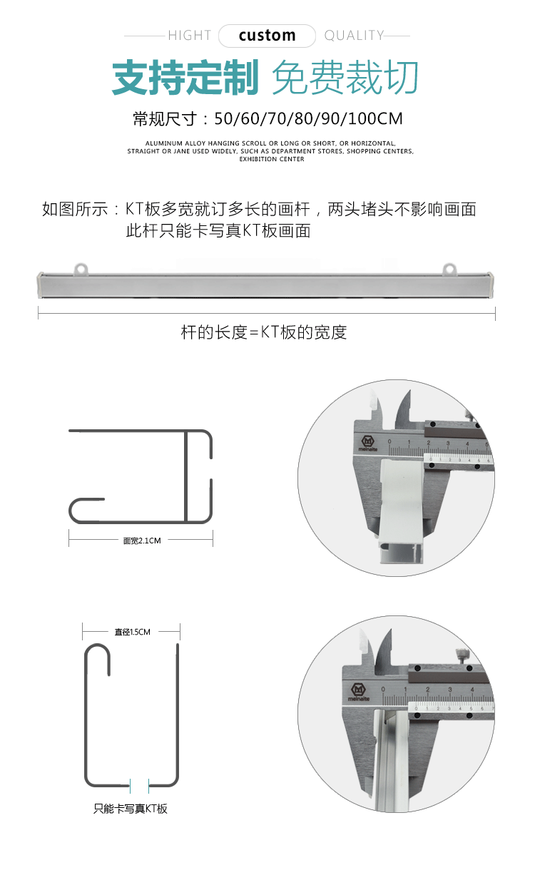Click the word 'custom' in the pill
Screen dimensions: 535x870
267,36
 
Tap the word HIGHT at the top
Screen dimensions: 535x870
190,36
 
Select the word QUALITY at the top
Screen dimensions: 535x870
354,36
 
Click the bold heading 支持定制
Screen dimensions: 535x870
185,77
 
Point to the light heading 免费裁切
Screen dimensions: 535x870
345,77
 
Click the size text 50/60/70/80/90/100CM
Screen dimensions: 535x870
308,118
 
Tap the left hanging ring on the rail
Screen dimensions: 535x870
81,268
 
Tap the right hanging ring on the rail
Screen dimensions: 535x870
450,268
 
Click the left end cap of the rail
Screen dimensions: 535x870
40,285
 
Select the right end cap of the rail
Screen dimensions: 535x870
494,285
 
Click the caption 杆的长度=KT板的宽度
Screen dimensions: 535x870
264,332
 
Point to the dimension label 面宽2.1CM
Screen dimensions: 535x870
142,541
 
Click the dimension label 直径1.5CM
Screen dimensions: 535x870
132,632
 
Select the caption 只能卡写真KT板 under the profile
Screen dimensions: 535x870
130,809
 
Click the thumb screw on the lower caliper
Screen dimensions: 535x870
462,656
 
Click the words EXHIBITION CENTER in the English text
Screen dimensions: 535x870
272,159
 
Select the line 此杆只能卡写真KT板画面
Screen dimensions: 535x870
218,231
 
